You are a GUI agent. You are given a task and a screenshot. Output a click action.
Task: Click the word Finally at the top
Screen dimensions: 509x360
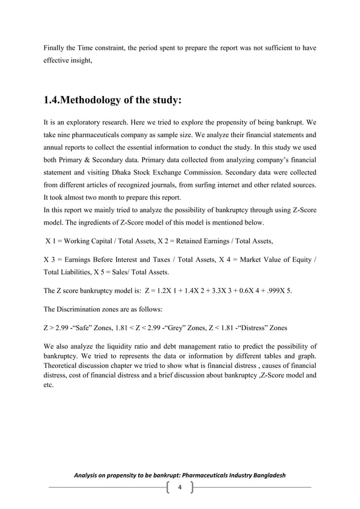pos(55,49)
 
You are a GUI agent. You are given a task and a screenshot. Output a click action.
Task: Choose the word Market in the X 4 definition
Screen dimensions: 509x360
pos(248,260)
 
